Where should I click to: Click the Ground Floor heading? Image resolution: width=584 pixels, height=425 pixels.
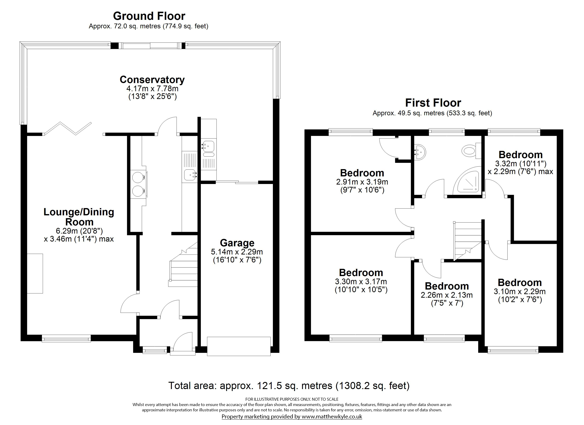click(149, 16)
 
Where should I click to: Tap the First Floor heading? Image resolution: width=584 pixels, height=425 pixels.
click(433, 103)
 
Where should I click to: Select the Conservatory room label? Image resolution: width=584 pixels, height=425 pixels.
click(152, 80)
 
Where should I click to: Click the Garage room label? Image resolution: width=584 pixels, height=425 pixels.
click(237, 243)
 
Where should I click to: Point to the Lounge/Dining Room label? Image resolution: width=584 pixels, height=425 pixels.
click(79, 217)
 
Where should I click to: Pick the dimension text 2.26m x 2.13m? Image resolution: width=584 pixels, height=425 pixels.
click(447, 295)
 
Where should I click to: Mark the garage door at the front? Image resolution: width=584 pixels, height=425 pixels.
click(239, 346)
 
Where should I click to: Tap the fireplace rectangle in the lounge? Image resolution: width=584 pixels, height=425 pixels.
click(35, 273)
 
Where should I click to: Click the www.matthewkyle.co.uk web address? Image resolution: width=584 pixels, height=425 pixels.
click(332, 416)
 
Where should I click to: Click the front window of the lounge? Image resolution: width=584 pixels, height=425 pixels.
click(66, 338)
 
